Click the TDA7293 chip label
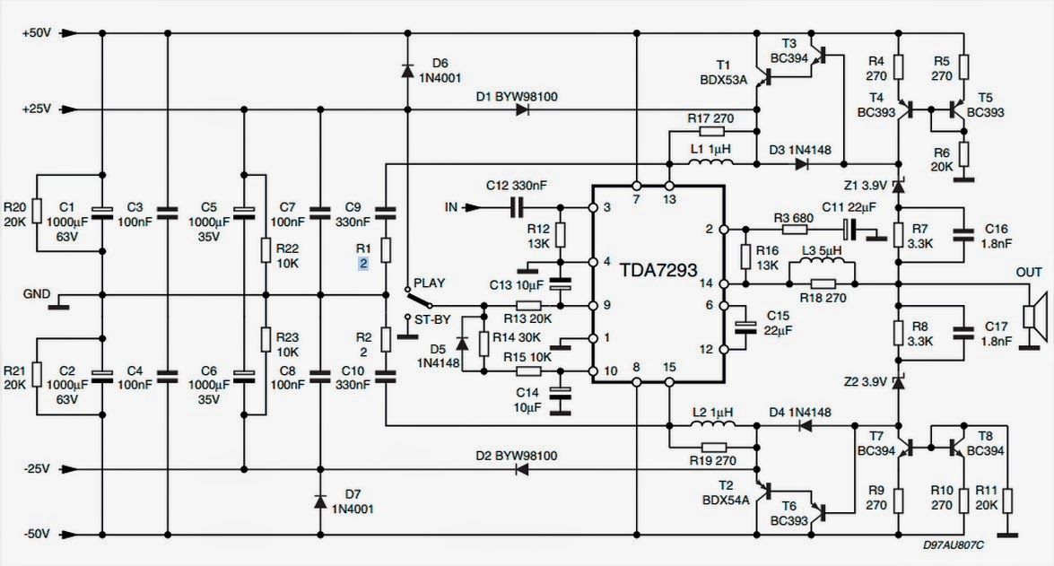[658, 270]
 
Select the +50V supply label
[36, 33]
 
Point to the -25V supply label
[37, 468]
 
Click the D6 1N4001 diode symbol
[407, 70]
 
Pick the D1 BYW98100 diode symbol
[523, 109]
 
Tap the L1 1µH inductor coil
[711, 162]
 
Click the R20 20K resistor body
[37, 212]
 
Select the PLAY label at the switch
[429, 283]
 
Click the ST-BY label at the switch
[432, 319]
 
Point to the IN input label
[451, 207]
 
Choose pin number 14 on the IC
[706, 283]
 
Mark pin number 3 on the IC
[607, 207]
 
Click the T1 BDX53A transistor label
[723, 73]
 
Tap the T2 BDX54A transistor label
[726, 492]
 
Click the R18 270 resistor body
[823, 283]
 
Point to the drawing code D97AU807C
[954, 544]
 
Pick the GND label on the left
[36, 293]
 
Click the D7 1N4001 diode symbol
[320, 501]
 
